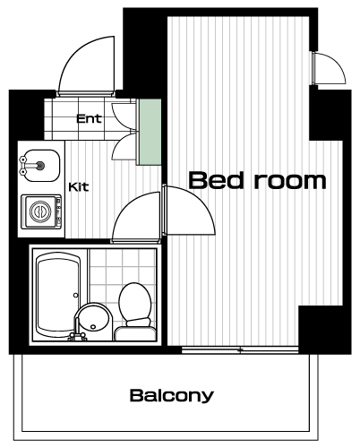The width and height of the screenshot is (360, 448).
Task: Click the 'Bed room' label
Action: tap(257, 180)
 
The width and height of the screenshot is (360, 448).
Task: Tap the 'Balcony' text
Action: tap(172, 395)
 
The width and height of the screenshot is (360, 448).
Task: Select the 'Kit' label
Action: tap(79, 187)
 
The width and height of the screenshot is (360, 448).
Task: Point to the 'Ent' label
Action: tap(89, 118)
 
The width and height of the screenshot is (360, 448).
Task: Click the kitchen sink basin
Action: tap(39, 166)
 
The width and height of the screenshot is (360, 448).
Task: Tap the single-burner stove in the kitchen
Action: tap(41, 211)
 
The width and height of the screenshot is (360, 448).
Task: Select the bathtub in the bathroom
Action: tap(58, 295)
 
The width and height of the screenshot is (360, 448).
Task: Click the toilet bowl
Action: tap(134, 301)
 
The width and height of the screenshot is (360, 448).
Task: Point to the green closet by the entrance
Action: tap(150, 132)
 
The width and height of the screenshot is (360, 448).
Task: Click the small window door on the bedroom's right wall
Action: tap(329, 68)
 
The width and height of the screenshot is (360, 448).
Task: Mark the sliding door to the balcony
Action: tap(240, 349)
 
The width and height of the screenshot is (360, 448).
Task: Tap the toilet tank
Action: tap(135, 334)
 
